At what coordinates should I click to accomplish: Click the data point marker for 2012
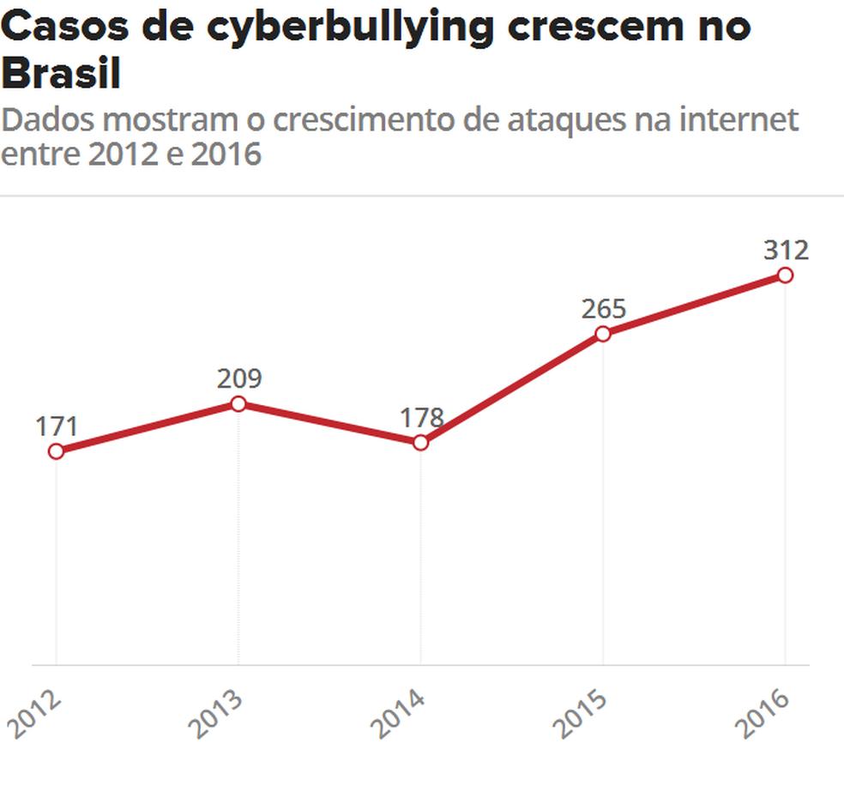point(56,451)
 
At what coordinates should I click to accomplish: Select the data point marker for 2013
point(238,404)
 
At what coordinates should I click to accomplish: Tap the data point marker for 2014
point(420,443)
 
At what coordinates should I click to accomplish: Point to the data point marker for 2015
point(603,334)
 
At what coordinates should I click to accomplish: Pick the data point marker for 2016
point(785,275)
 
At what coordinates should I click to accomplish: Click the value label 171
point(57,426)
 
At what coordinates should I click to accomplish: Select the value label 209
point(238,378)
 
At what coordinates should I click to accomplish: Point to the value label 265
point(603,308)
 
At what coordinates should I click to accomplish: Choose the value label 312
point(786,250)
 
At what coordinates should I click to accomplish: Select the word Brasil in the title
point(61,75)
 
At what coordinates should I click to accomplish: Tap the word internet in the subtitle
point(738,120)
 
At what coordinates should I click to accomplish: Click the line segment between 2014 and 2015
point(511,389)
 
